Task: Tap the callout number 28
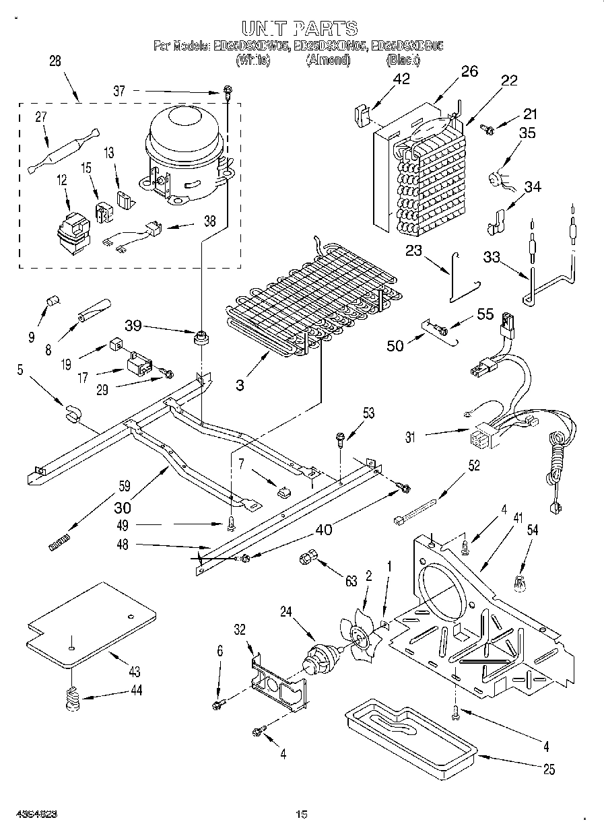(x=55, y=61)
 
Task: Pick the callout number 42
(x=401, y=78)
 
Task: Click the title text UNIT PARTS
(x=299, y=28)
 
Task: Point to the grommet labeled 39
(x=199, y=337)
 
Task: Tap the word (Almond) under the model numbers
(x=328, y=60)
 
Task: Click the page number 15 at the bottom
(x=301, y=814)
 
